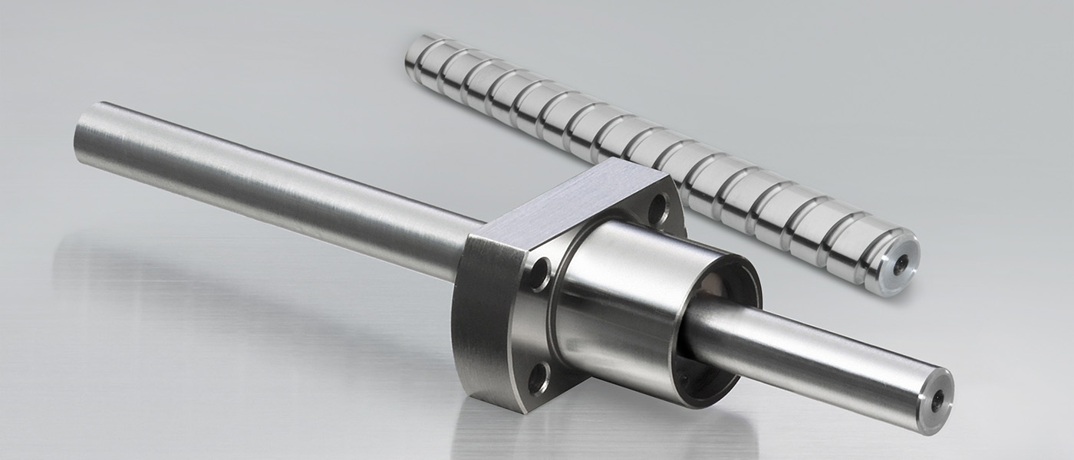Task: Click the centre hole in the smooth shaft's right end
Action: pos(941,399)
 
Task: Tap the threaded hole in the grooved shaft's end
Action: pos(903,261)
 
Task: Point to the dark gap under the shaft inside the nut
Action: pos(702,368)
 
